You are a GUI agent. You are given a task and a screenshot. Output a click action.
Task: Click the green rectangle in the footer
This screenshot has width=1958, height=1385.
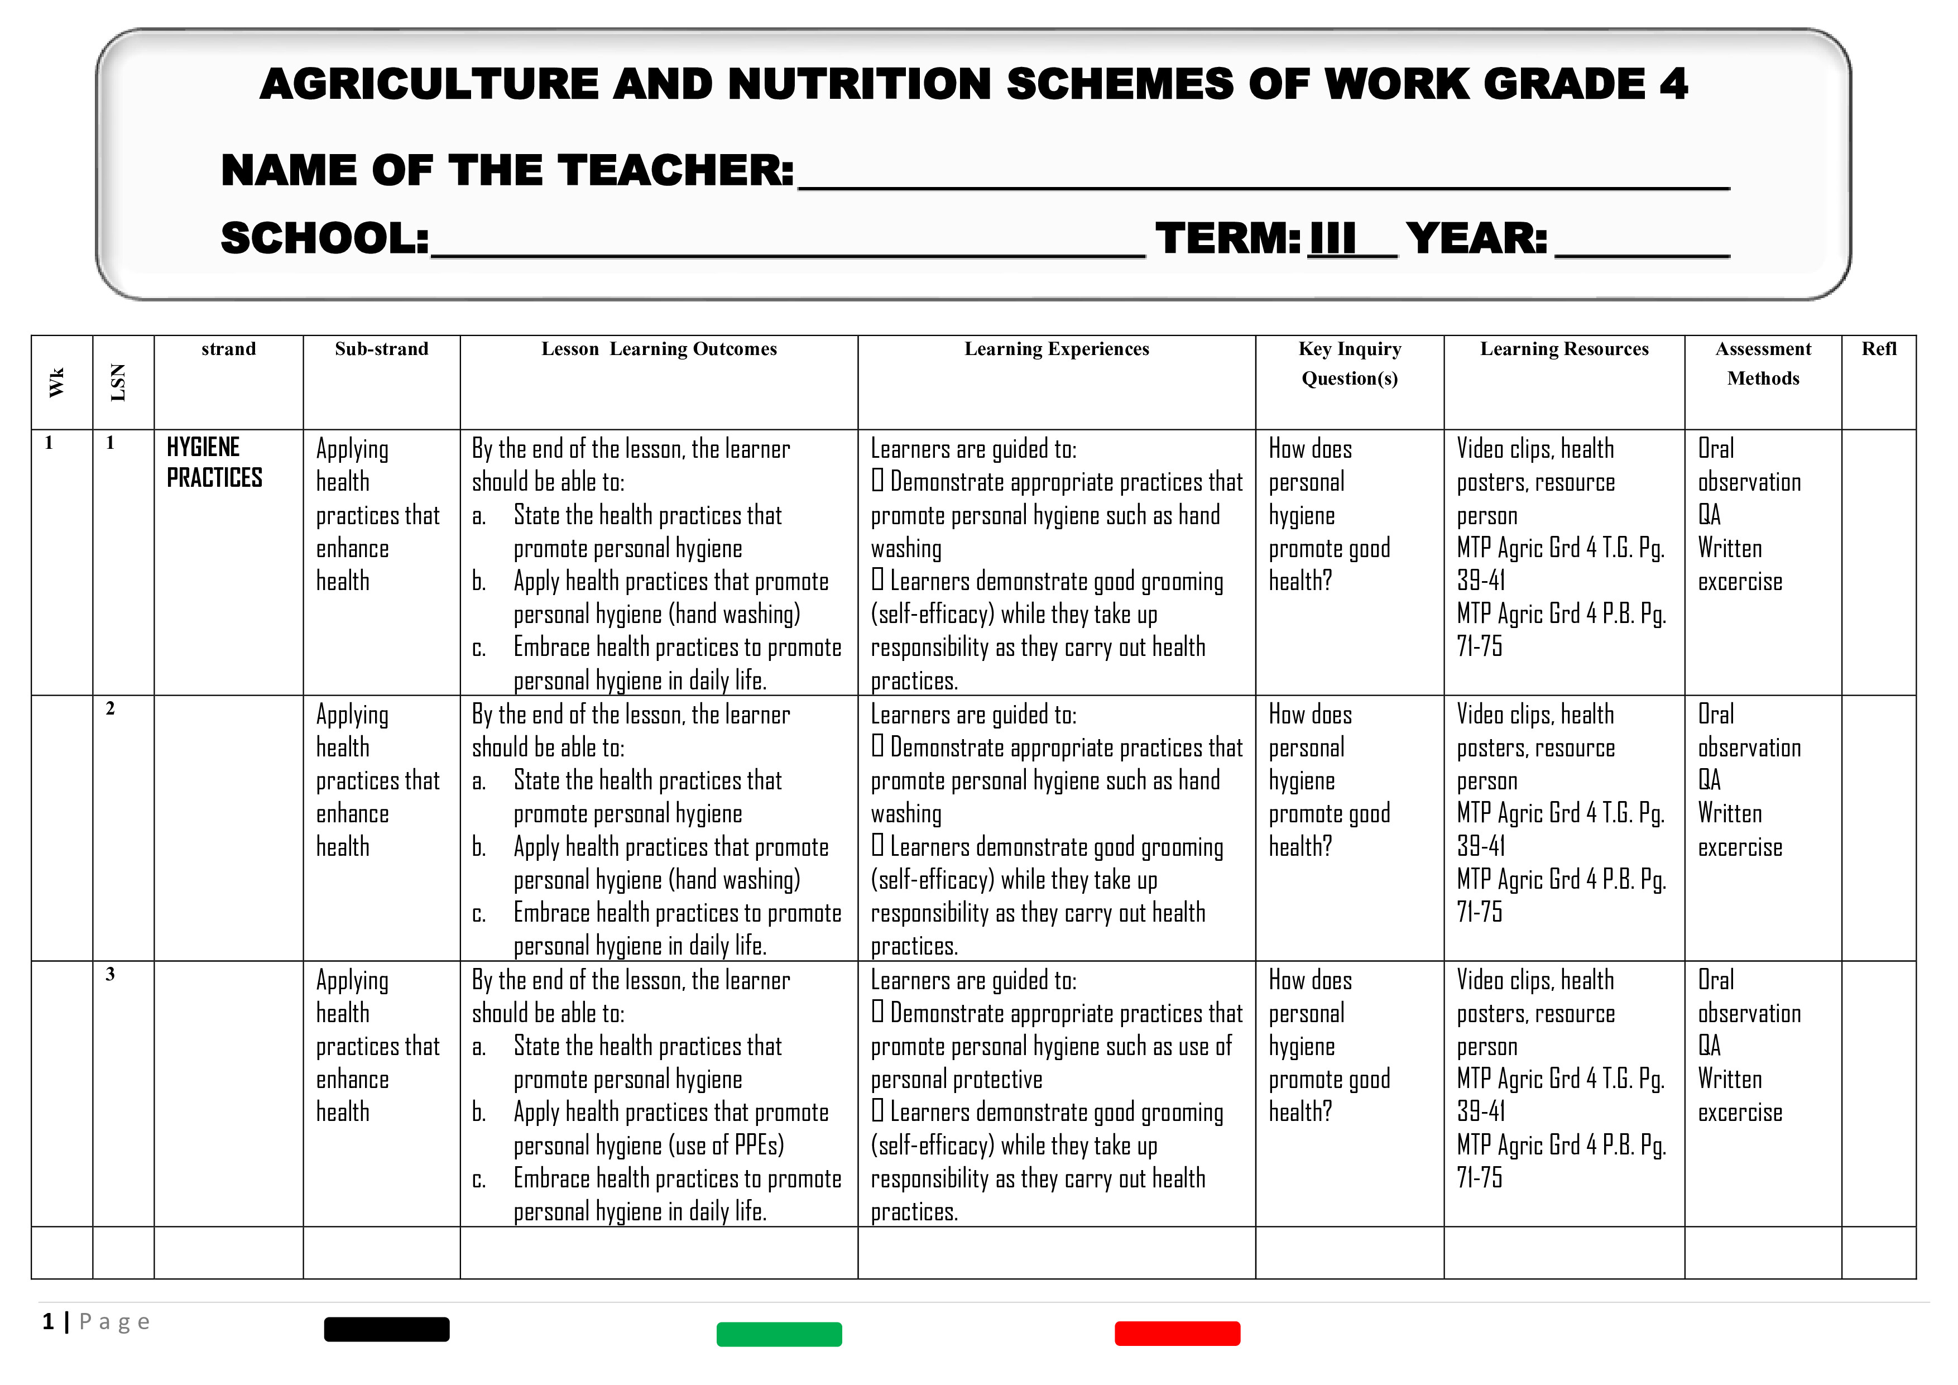(779, 1334)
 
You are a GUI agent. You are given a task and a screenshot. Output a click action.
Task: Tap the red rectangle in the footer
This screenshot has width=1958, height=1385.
(1177, 1333)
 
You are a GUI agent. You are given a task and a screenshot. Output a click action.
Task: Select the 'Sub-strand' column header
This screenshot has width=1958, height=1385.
(381, 349)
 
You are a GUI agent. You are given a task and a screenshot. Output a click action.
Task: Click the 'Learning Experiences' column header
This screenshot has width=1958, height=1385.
(1057, 349)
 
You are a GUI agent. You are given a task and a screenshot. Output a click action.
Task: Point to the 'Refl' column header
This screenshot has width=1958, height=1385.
(1879, 349)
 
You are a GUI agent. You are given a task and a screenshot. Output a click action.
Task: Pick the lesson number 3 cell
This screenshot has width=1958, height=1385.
(110, 974)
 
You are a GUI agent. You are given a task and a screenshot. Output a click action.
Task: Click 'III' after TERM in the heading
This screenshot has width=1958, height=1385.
(1332, 239)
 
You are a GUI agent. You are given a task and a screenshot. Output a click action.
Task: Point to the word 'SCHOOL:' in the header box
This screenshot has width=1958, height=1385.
(325, 239)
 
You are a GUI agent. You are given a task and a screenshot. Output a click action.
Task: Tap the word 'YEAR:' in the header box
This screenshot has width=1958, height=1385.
(1476, 239)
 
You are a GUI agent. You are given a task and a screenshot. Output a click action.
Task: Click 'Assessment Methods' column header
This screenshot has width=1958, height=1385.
(1763, 363)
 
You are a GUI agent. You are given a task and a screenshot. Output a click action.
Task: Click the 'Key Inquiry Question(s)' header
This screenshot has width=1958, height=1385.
(1349, 363)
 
